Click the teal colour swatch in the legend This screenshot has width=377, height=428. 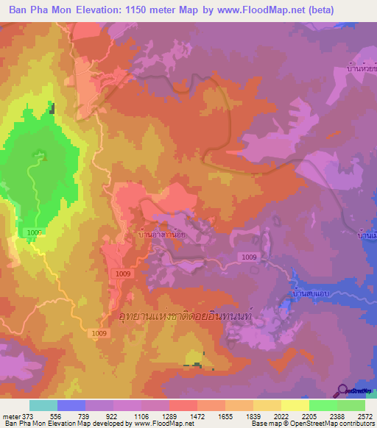click(43, 405)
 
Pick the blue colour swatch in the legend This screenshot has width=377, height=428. click(71, 405)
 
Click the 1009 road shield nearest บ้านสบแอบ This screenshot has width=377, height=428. click(249, 256)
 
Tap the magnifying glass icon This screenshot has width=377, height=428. click(342, 389)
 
